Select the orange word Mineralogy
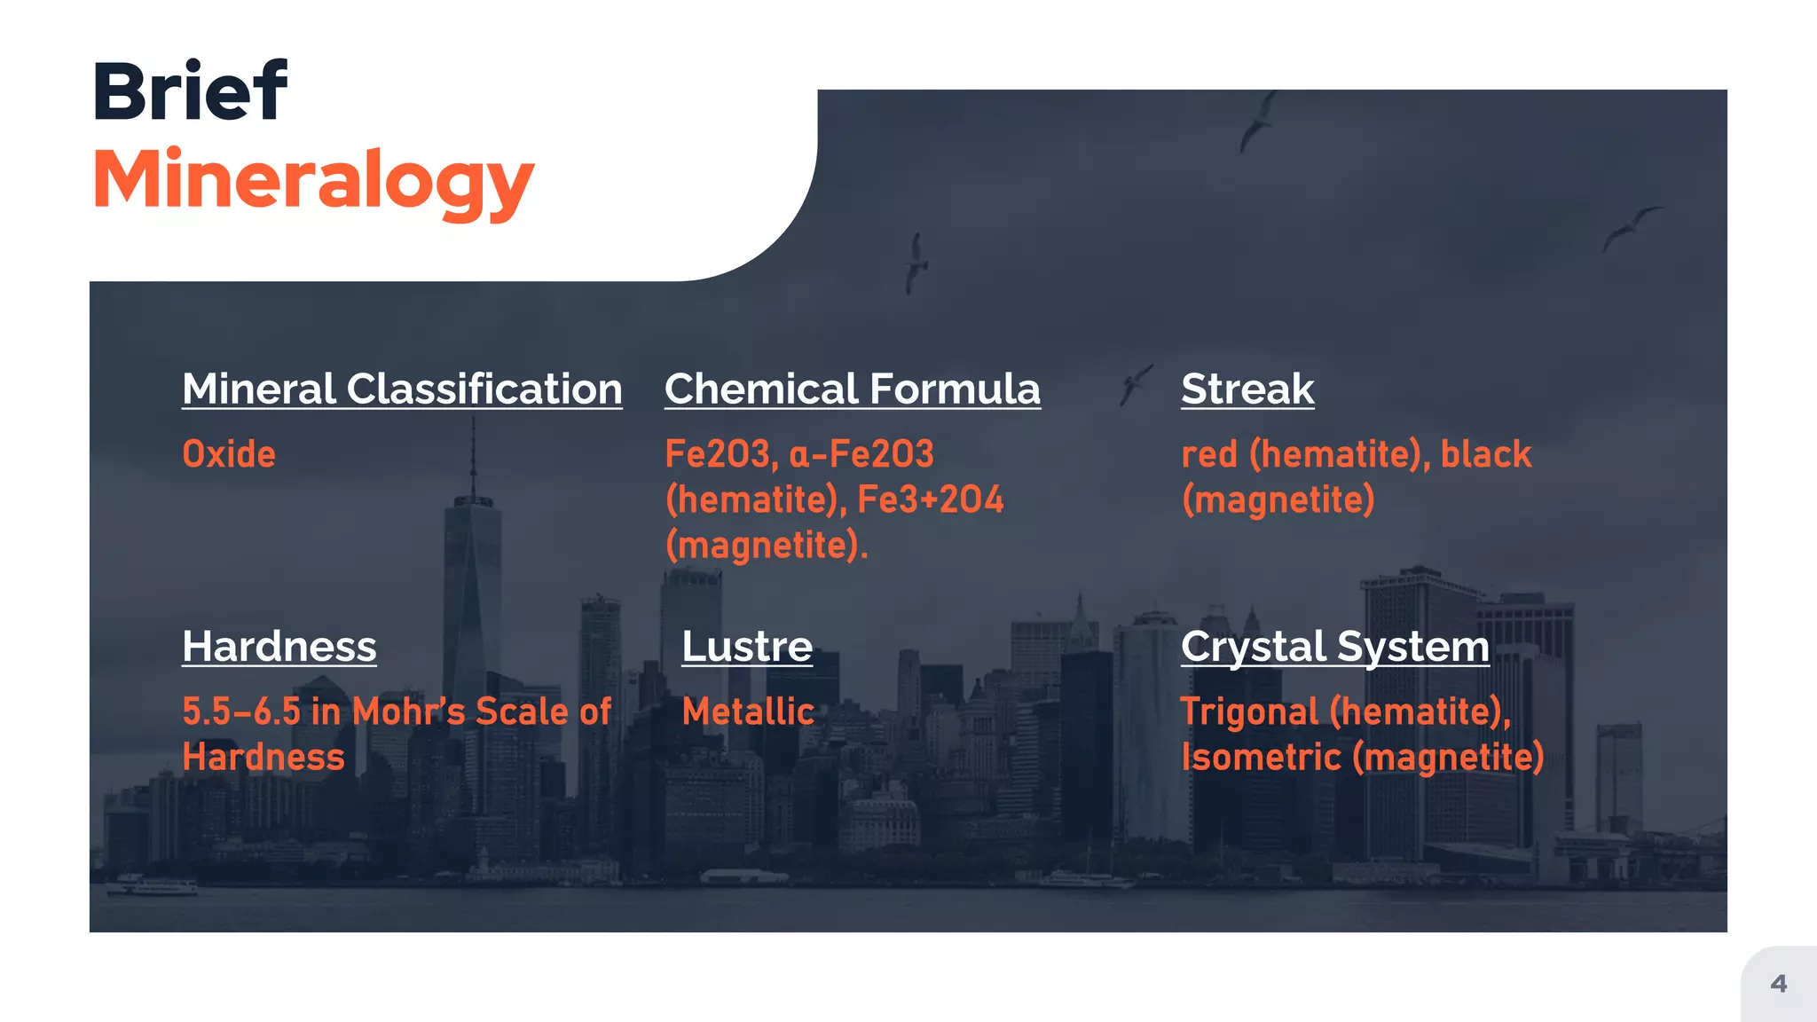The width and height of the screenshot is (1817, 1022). coord(313,180)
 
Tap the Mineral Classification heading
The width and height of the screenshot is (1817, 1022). coord(402,389)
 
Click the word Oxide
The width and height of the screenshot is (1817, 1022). coord(229,454)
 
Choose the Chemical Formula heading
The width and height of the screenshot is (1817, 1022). coord(852,389)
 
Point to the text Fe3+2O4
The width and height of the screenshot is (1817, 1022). coord(931,499)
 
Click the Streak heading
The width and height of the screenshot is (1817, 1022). coord(1247,389)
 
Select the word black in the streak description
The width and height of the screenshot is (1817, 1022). coord(1485,454)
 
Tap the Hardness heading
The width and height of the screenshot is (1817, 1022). coord(279,646)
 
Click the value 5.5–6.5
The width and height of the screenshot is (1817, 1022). coord(241,711)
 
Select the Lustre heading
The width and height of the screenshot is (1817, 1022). coord(747,646)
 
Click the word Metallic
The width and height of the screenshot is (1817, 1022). coord(748,711)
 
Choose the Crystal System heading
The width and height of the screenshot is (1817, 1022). coord(1334,646)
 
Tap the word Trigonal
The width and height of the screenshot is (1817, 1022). coord(1249,711)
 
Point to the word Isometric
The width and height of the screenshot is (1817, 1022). coord(1261,758)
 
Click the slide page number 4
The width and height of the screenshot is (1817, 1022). coord(1778,983)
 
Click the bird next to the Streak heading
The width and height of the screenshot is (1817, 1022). coord(1135,383)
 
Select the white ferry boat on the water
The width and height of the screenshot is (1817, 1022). coord(156,885)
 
